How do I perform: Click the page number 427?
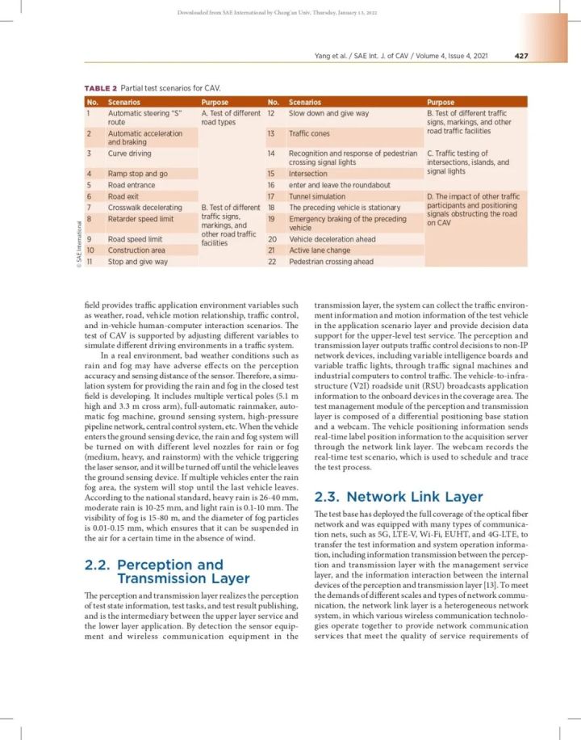pos(520,56)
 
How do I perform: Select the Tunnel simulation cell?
pos(317,196)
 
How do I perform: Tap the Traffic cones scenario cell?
pos(311,133)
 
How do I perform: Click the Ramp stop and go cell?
pos(138,173)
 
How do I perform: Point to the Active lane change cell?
pos(320,250)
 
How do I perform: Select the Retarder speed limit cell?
pos(140,218)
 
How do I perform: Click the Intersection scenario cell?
pos(308,173)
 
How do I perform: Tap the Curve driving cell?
pos(129,153)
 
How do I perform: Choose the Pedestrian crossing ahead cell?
pos(331,262)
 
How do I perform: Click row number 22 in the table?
pos(273,262)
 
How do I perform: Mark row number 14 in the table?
pos(272,153)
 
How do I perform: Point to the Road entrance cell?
pos(132,184)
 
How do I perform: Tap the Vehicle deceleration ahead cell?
pos(332,239)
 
